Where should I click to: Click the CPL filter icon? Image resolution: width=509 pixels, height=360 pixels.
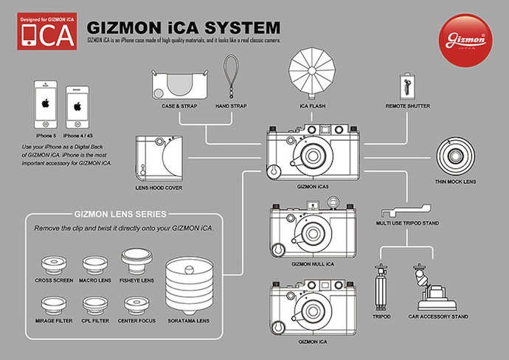pyautogui.click(x=94, y=305)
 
